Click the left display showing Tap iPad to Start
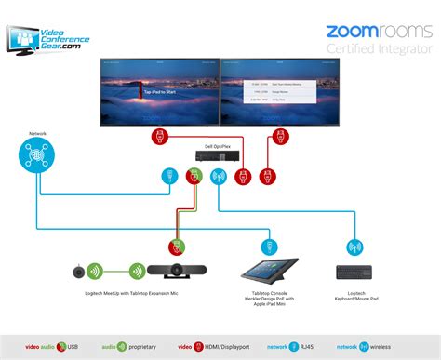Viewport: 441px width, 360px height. pyautogui.click(x=157, y=91)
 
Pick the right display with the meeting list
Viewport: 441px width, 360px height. pyautogui.click(x=276, y=91)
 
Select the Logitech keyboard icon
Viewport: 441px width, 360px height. pyautogui.click(x=354, y=272)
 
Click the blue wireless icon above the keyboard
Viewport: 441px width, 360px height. pyautogui.click(x=354, y=247)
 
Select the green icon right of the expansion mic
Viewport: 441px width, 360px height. pyautogui.click(x=136, y=273)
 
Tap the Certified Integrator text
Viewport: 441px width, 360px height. pyautogui.click(x=379, y=48)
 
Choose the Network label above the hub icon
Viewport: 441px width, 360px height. pyautogui.click(x=38, y=133)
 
